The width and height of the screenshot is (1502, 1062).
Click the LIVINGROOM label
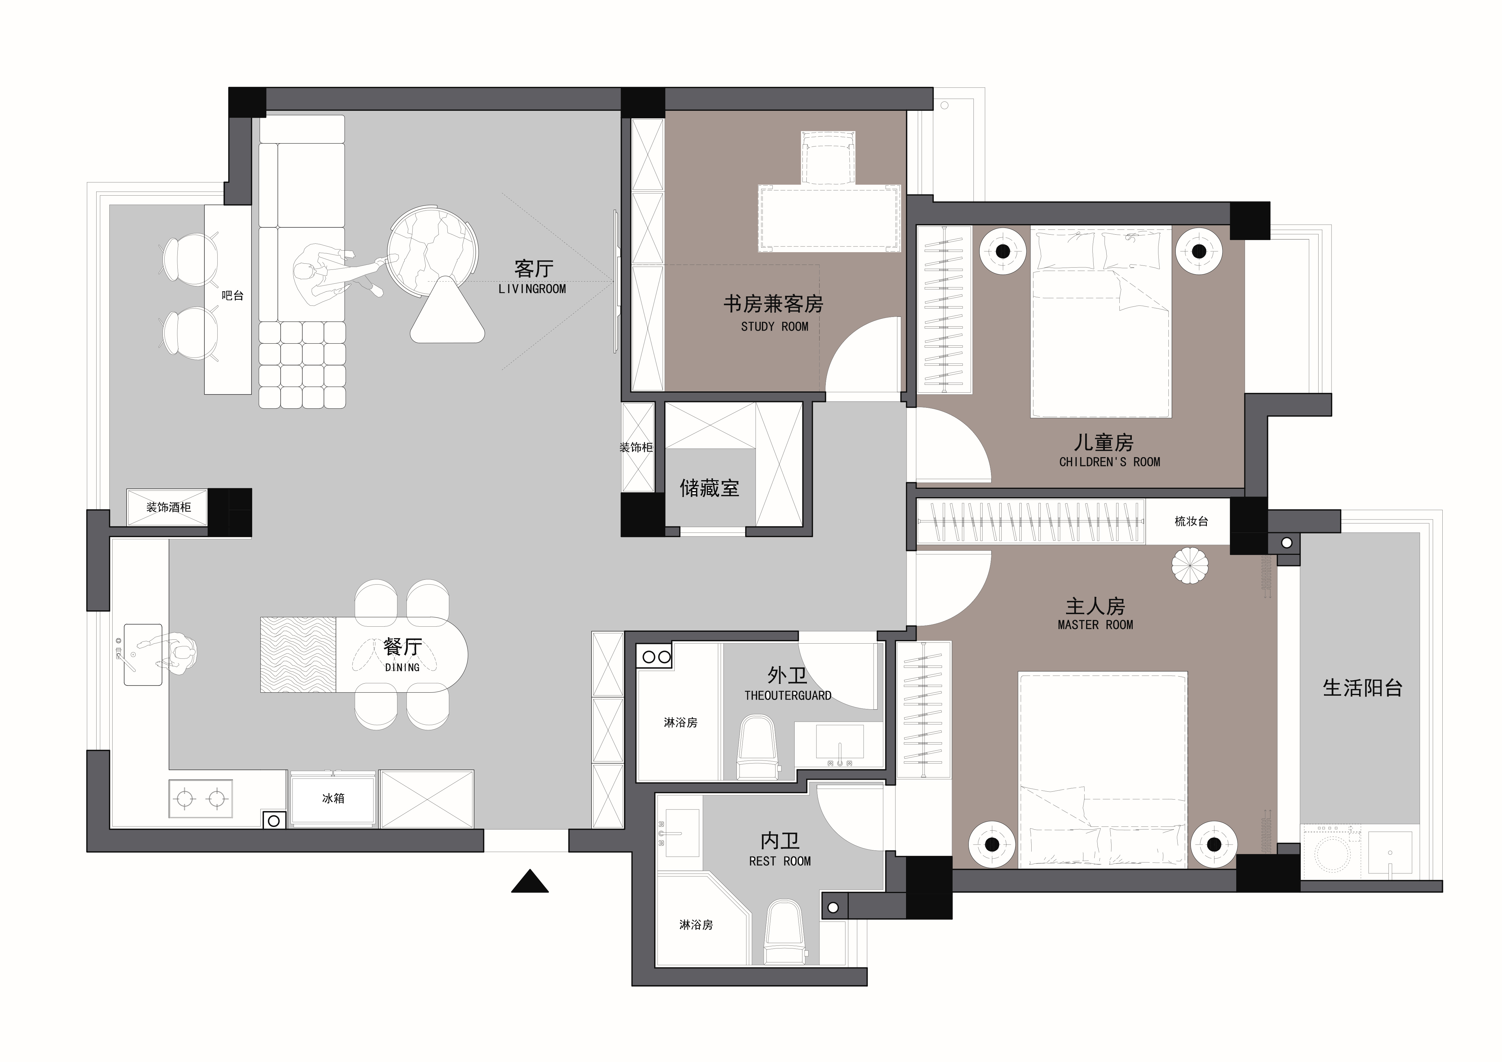(x=532, y=289)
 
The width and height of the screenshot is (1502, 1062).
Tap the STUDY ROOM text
(x=775, y=327)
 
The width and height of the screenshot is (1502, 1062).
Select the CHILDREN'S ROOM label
(x=1109, y=462)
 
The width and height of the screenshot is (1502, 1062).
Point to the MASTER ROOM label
(x=1095, y=625)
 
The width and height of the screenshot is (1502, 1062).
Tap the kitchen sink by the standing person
(x=143, y=654)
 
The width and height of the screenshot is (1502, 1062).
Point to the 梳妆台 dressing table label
(x=1191, y=522)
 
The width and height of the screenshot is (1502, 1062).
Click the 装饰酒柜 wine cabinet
(x=167, y=507)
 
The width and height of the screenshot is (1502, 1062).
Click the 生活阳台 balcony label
(x=1363, y=688)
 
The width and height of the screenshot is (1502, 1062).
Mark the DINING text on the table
(x=402, y=668)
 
